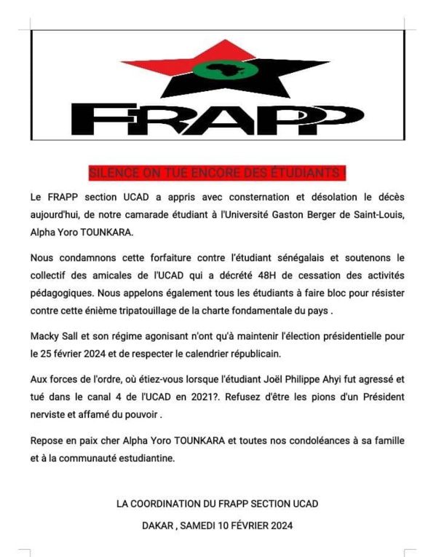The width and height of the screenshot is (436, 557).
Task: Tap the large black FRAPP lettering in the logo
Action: [x=218, y=119]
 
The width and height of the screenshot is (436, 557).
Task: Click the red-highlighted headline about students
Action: [x=218, y=173]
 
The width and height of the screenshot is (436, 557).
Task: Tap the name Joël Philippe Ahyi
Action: [x=301, y=383]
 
